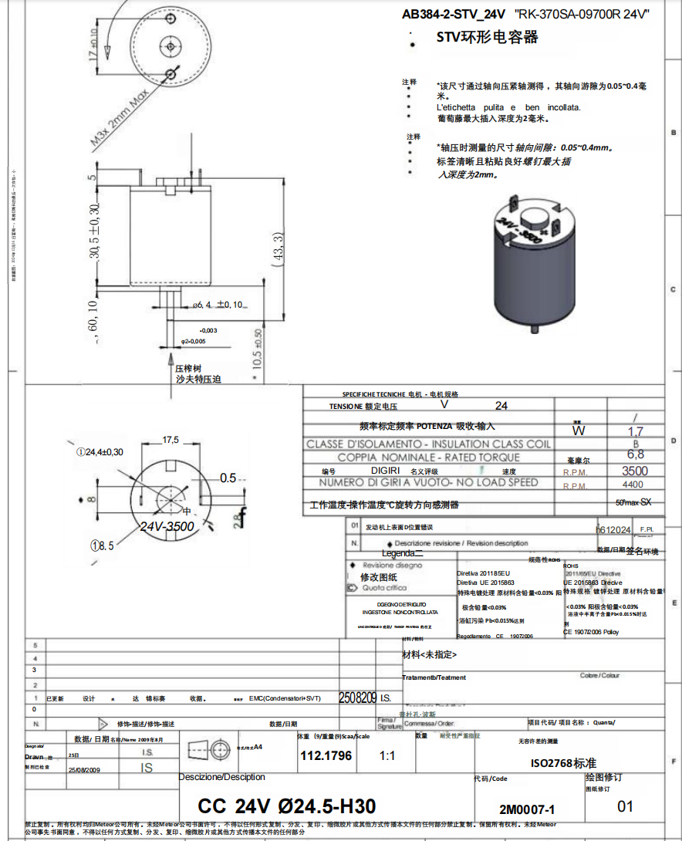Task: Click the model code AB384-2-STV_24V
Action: tap(453, 14)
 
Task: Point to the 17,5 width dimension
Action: tap(170, 440)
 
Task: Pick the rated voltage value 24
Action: tap(501, 405)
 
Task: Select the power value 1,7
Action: tap(636, 431)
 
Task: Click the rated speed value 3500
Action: tap(634, 471)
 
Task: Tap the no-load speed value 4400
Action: tap(633, 485)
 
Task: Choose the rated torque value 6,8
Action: tap(636, 455)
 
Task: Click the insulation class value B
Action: tap(636, 444)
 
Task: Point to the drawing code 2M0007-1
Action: tap(527, 809)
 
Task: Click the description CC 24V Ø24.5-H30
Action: tap(286, 806)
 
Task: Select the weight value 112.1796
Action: tap(326, 756)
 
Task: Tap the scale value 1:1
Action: tap(387, 756)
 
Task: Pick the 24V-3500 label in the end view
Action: tap(167, 526)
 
